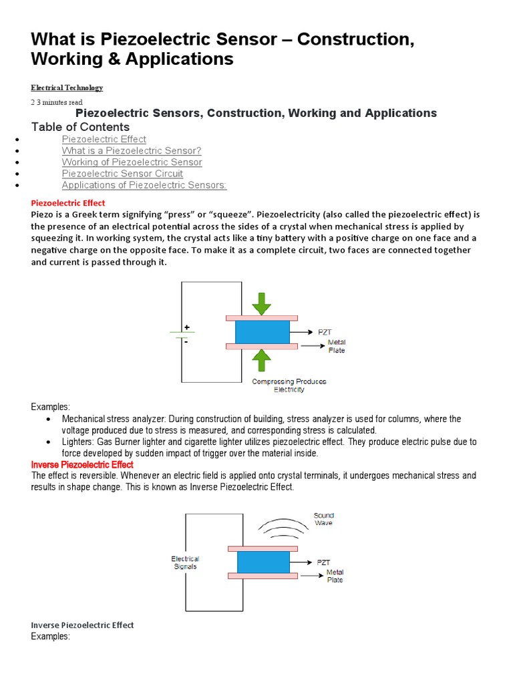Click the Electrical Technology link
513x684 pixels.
coord(67,88)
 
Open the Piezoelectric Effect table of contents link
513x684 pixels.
coord(104,139)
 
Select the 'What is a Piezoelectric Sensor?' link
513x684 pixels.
coord(132,151)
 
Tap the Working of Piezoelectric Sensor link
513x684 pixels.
coord(132,162)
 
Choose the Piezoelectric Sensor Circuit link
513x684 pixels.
coord(122,174)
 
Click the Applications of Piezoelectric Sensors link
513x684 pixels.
coord(144,185)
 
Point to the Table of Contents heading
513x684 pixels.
coord(80,127)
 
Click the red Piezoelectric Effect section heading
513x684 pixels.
coord(68,203)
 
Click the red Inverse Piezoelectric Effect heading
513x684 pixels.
coord(82,464)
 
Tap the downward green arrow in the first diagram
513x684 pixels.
coord(262,303)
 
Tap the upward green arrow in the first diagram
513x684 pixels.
coord(262,361)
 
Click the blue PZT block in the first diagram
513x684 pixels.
coord(262,332)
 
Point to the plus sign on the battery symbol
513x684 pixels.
coord(186,327)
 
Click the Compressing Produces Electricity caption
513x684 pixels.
coord(289,385)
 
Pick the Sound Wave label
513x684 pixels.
coord(323,519)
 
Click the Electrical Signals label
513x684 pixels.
coord(185,562)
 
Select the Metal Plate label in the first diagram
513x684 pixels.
coord(336,346)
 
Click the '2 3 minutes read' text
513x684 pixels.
coord(57,102)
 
